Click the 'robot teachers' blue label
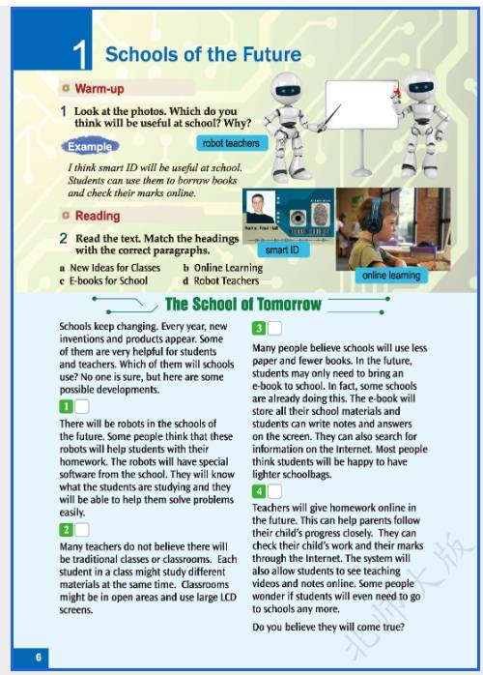coord(232,143)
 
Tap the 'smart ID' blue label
coord(283,249)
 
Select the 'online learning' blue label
coord(391,275)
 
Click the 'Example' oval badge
coord(90,146)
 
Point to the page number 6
coord(39,657)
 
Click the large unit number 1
coord(80,55)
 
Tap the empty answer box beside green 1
coord(82,406)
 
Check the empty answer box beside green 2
coord(82,530)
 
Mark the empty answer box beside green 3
coord(275,329)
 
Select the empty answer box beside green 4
coord(275,491)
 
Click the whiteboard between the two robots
coord(361,104)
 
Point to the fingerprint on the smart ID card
coord(320,215)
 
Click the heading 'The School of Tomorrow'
coord(243,304)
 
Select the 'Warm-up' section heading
coord(99,89)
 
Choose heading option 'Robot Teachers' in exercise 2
coord(226,280)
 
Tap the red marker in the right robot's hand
coord(396,92)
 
